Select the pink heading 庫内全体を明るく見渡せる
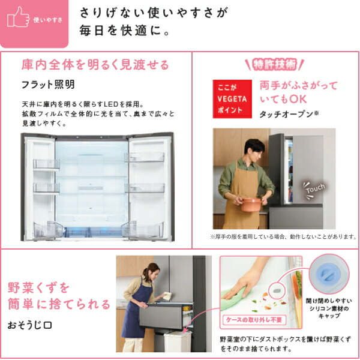pos(95,65)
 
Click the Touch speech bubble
pos(314,188)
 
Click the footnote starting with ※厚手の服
pos(283,236)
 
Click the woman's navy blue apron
pos(133,312)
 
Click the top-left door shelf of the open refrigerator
pos(47,163)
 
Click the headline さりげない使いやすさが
pos(154,12)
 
